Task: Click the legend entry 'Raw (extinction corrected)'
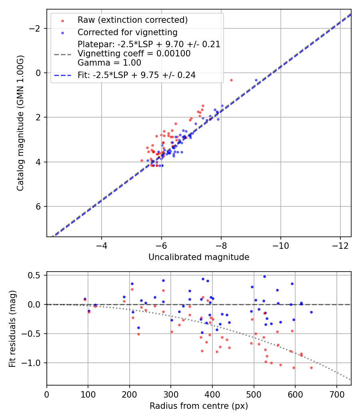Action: pyautogui.click(x=132, y=20)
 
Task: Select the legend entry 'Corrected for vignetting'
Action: pyautogui.click(x=127, y=32)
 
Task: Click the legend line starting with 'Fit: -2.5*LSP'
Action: pyautogui.click(x=136, y=75)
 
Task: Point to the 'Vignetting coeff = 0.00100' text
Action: pyautogui.click(x=134, y=54)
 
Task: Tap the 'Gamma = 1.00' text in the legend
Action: pyautogui.click(x=109, y=62)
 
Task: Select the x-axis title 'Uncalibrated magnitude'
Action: pyautogui.click(x=199, y=257)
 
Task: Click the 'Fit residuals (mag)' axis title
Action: pyautogui.click(x=12, y=328)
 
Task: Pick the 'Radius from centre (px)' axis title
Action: pyautogui.click(x=199, y=406)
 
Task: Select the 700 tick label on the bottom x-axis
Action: pyautogui.click(x=336, y=394)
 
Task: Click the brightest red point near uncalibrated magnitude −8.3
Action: pyautogui.click(x=231, y=80)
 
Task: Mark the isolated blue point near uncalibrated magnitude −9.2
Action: pyautogui.click(x=256, y=80)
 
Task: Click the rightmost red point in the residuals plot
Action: pyautogui.click(x=311, y=368)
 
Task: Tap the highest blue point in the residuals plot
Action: pyautogui.click(x=264, y=276)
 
